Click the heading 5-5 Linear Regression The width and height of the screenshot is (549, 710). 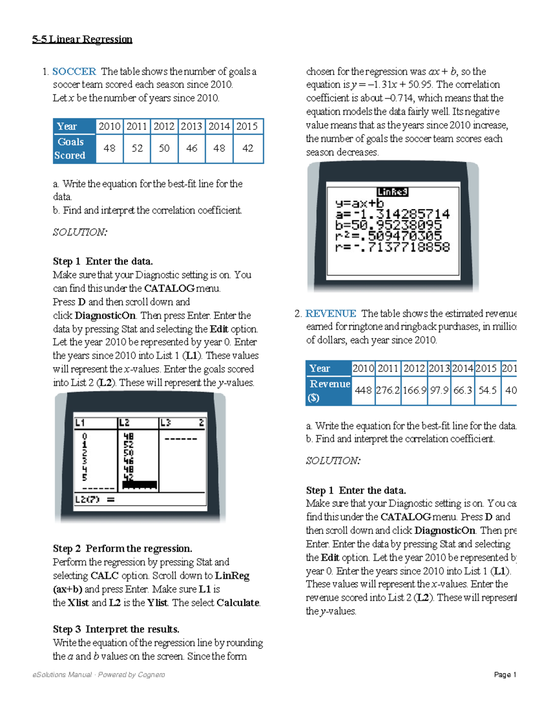[82, 39]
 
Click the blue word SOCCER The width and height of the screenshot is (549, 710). [74, 71]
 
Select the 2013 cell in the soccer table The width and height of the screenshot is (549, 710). [192, 126]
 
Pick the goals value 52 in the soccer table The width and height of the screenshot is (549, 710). [137, 148]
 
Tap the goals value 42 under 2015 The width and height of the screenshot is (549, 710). [248, 148]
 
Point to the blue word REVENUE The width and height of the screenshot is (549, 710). [330, 313]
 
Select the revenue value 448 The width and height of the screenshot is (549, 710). [363, 390]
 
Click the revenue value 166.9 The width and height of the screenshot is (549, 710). [414, 390]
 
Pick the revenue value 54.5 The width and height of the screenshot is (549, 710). [487, 390]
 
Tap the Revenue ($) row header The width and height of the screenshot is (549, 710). [329, 390]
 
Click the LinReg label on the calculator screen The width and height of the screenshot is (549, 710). [393, 192]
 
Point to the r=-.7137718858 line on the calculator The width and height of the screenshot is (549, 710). [393, 247]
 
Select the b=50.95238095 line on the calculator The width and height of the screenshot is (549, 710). [388, 225]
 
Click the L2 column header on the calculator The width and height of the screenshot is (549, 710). [125, 422]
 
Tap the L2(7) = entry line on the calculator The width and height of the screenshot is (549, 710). [95, 499]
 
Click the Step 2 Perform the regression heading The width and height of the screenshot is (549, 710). [123, 548]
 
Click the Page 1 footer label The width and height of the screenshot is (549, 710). [505, 674]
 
